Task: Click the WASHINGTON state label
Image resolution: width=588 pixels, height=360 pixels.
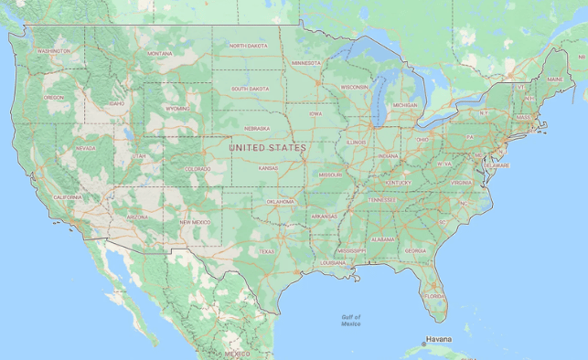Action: pos(53,51)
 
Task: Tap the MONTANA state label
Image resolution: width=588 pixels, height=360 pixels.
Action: pos(160,54)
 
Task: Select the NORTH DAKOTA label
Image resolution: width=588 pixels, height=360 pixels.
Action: pos(248,45)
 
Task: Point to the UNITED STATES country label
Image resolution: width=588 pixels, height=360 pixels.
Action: pos(267,146)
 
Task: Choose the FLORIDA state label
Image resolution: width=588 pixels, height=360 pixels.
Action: pos(434,296)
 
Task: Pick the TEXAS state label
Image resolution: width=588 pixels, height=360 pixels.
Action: pos(266,251)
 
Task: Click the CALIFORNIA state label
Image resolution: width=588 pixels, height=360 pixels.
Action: pos(67,196)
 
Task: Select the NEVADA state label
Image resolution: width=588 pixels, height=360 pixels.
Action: pos(85,148)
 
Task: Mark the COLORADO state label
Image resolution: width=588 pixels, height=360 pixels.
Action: pos(197,168)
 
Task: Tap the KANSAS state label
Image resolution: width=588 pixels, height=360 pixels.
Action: pos(268,168)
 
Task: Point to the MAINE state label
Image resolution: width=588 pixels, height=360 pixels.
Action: pos(555,79)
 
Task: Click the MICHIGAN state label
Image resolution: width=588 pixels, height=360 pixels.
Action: pos(404,105)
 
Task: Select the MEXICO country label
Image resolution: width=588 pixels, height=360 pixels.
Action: pos(237,353)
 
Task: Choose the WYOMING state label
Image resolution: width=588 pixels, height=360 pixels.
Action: pos(177,108)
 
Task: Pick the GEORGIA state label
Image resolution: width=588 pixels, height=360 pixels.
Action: pos(414,250)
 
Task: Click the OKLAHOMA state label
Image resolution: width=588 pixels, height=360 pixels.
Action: pos(281,201)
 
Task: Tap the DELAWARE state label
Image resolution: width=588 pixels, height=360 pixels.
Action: pos(497,165)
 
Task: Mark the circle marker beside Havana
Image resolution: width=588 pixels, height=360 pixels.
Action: pos(422,344)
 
